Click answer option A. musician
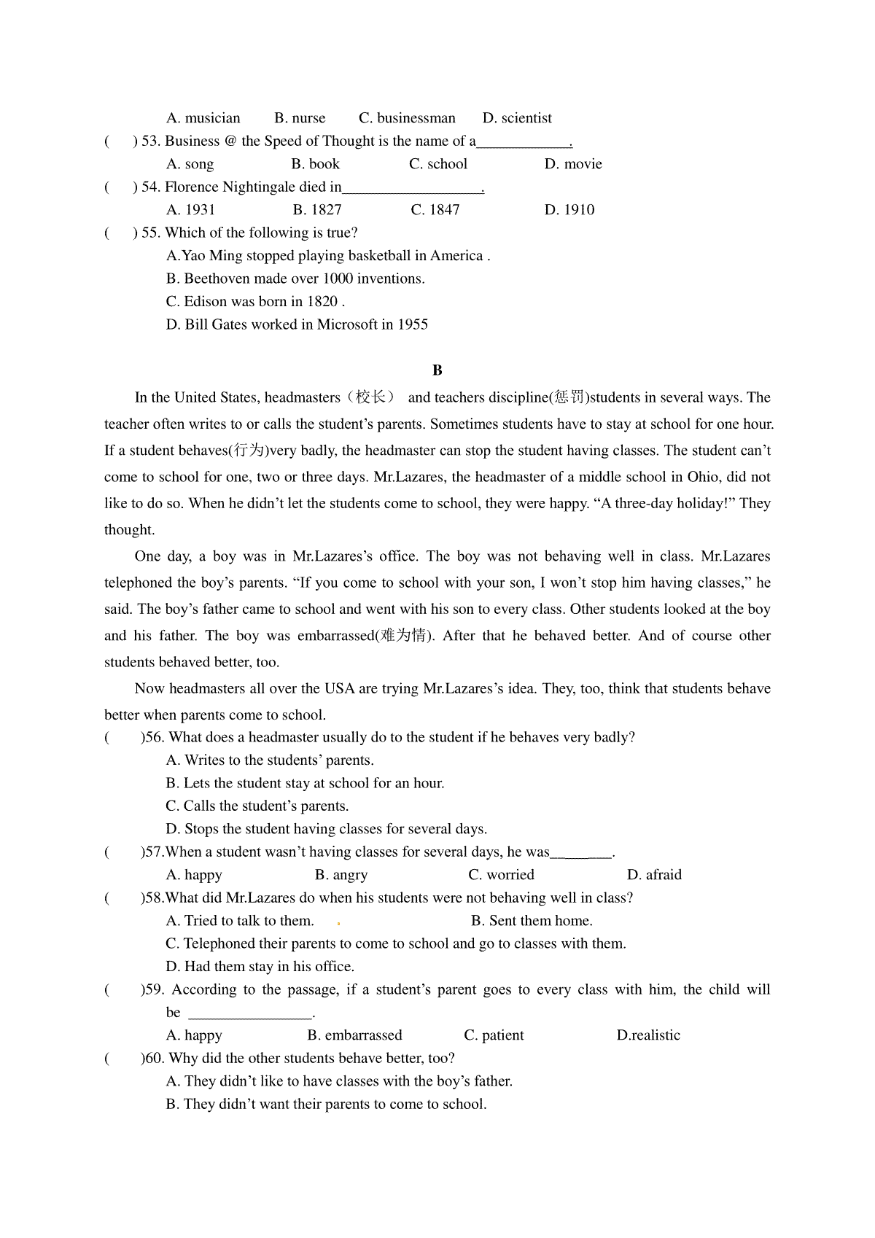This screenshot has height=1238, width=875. point(203,118)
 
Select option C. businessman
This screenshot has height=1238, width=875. point(407,118)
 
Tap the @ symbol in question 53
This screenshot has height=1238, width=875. point(230,141)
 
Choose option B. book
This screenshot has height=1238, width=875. point(316,164)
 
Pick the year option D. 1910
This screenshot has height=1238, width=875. point(569,210)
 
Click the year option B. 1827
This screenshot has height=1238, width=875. point(317,210)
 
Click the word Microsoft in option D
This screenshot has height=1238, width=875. point(347,324)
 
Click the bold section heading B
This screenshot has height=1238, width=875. point(437,370)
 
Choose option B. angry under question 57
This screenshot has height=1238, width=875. point(341,875)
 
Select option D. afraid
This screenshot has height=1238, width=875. point(654,875)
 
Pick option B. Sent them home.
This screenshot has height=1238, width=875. point(532,921)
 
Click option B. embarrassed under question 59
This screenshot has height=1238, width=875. point(354,1035)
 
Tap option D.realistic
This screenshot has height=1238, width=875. point(648,1035)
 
